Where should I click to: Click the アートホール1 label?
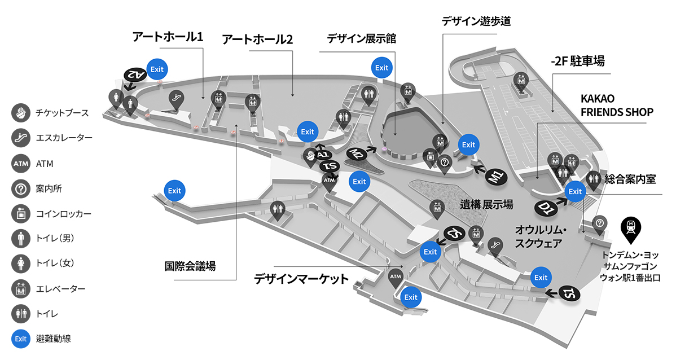[x=168, y=37]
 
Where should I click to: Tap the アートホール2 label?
[x=257, y=39]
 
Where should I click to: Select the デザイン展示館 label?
[x=361, y=39]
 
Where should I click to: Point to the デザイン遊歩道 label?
[x=476, y=21]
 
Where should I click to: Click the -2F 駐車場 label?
[x=578, y=61]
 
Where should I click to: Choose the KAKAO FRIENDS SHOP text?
[x=617, y=105]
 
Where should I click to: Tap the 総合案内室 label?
[x=630, y=179]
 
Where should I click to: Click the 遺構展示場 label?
[x=486, y=204]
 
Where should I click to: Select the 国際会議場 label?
[x=190, y=266]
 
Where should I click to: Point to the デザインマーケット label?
[x=301, y=279]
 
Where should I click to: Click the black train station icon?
[x=631, y=230]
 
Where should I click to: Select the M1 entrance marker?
[x=497, y=176]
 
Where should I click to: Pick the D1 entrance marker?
[x=546, y=208]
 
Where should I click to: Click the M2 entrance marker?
[x=357, y=153]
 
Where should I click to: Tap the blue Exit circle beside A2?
[x=157, y=69]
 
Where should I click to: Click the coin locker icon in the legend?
[x=21, y=213]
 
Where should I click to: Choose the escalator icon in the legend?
[x=21, y=138]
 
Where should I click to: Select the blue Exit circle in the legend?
[x=21, y=339]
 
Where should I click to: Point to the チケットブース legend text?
[x=62, y=113]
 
